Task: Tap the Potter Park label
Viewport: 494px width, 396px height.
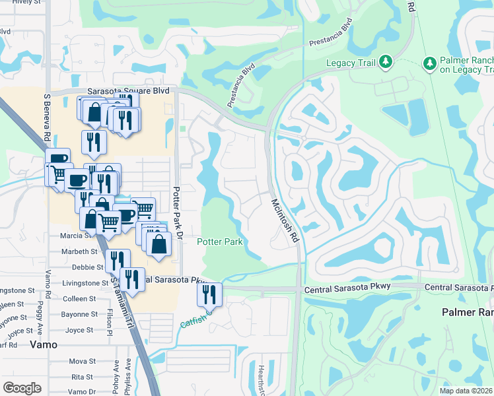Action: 220,242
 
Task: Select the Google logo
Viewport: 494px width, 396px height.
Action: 22,388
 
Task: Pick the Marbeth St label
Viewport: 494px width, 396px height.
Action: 79,251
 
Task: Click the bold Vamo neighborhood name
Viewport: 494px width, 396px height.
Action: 44,345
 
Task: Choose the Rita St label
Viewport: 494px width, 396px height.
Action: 83,377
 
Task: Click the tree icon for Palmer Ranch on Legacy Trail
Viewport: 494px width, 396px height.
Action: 430,63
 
